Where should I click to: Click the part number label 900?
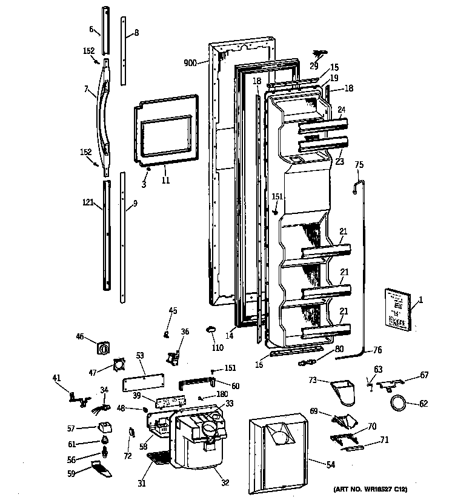tap(190, 62)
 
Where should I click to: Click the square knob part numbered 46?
tap(103, 348)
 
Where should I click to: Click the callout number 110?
tap(218, 348)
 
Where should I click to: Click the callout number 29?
tap(314, 65)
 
